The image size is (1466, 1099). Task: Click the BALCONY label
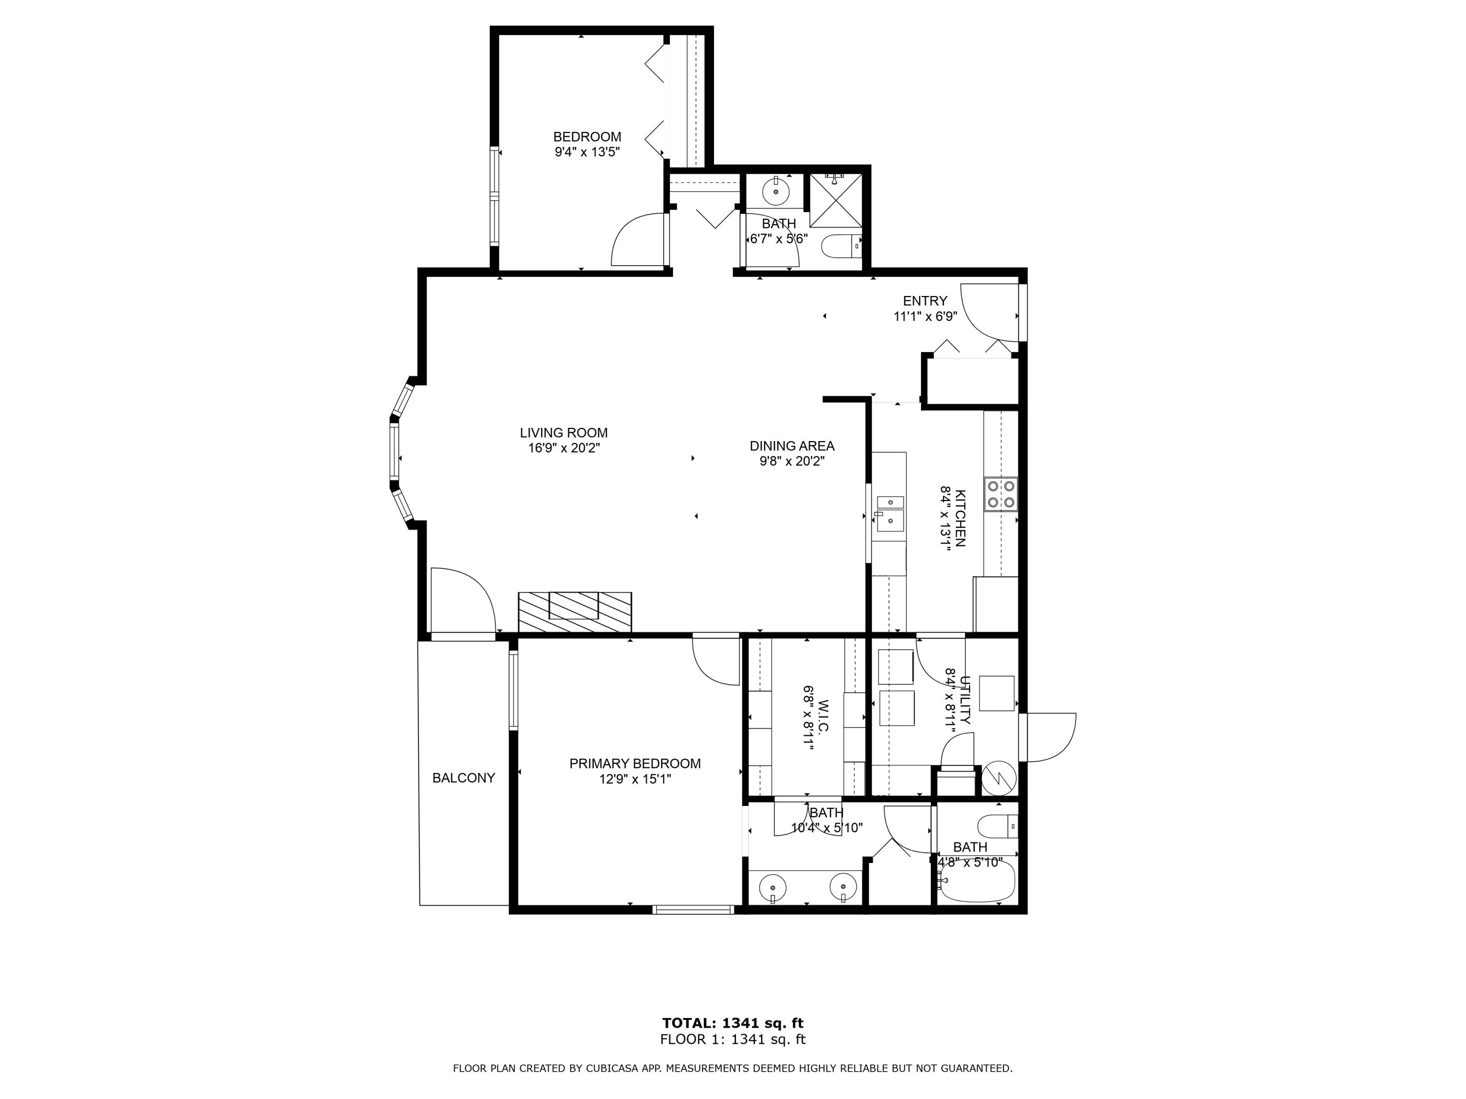[463, 778]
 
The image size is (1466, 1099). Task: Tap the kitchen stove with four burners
[1000, 493]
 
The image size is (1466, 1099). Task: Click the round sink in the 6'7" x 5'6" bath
[776, 192]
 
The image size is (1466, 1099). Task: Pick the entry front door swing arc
[986, 314]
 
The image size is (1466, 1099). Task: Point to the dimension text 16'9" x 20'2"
[563, 448]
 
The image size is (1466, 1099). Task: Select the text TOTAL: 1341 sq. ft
[733, 1023]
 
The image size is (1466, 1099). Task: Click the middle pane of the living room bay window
[395, 452]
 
